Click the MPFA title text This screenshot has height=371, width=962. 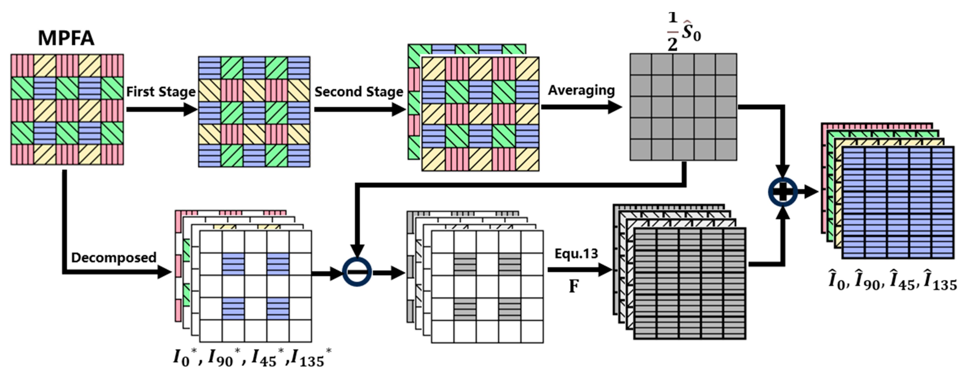tap(66, 38)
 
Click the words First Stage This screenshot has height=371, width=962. tap(161, 92)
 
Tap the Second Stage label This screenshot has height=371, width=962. tap(358, 92)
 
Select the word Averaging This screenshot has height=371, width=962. tap(581, 91)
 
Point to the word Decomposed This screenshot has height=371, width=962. tap(113, 258)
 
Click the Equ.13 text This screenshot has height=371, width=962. tap(576, 254)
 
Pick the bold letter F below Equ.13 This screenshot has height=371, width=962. tap(574, 287)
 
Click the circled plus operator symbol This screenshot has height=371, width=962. tap(782, 192)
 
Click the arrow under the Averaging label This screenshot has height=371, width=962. tap(581, 107)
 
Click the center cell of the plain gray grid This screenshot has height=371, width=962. tap(683, 107)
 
